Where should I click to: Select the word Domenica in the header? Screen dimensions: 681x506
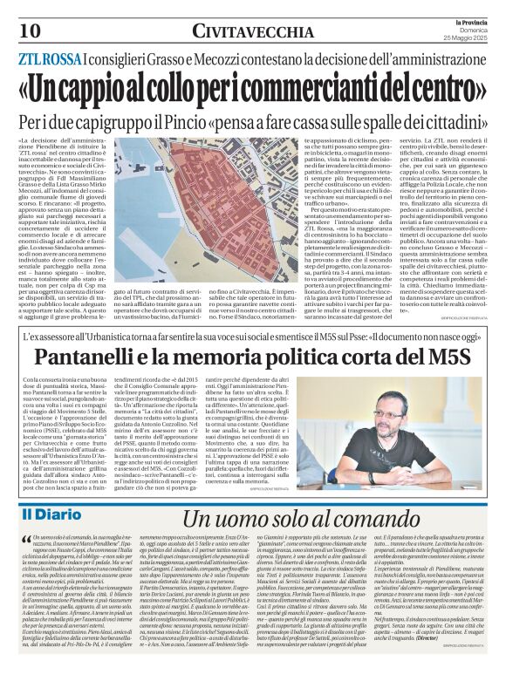(474, 30)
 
